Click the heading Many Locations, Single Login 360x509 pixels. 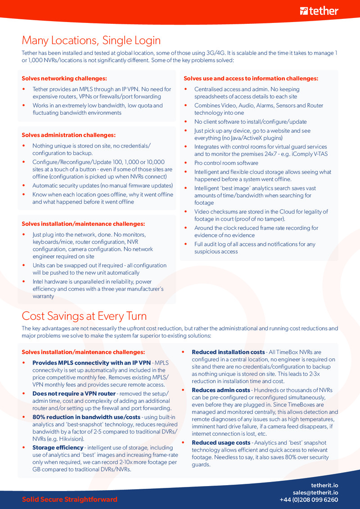(91, 40)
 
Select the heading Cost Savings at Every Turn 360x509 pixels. (84, 316)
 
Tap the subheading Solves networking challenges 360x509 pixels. (64, 78)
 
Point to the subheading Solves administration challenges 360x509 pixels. (68, 135)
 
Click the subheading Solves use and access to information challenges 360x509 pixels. (251, 78)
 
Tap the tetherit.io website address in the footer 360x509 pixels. (324, 485)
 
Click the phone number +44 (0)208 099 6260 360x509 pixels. (309, 500)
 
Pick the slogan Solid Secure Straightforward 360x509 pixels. (69, 500)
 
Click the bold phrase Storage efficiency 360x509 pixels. (58, 447)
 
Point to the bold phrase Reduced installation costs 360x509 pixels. (228, 352)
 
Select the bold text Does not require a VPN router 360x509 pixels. (74, 393)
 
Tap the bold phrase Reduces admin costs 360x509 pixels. (220, 390)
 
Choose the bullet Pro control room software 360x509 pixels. (226, 163)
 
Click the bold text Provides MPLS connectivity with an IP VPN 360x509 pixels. (91, 363)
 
